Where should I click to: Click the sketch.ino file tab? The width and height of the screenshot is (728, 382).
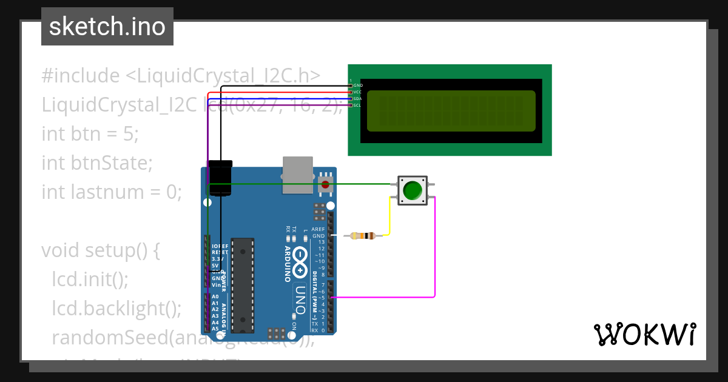click(107, 27)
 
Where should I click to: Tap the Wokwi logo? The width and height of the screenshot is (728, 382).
click(644, 334)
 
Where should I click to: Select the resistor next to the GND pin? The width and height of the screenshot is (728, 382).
click(364, 236)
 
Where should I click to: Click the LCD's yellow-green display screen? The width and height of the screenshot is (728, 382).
click(451, 111)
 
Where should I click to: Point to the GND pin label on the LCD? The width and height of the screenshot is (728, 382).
click(358, 85)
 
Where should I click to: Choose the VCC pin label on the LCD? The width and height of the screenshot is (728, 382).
click(358, 92)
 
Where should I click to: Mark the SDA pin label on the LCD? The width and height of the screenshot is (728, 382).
click(358, 99)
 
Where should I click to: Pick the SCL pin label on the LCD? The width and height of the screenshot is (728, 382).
click(358, 106)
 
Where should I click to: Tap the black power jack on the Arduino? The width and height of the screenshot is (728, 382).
click(220, 178)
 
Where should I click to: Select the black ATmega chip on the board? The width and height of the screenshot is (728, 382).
click(242, 284)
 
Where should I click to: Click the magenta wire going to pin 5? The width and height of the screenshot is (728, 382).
click(434, 255)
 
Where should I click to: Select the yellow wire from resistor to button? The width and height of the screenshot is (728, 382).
click(389, 218)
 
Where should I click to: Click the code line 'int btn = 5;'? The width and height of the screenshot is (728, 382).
click(90, 133)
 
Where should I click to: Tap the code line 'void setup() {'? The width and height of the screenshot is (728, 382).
click(100, 250)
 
